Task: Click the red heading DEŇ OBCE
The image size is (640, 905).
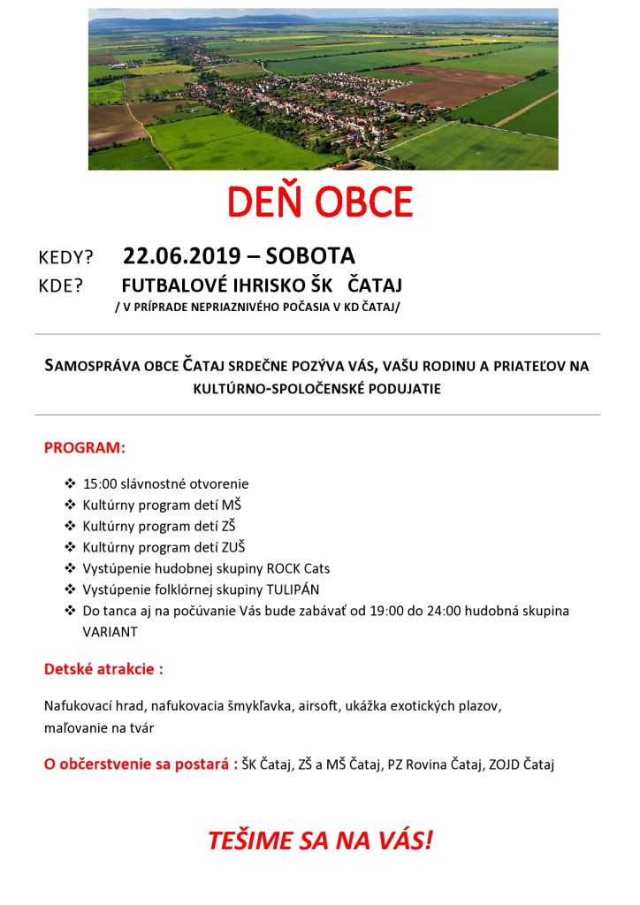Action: click(320, 202)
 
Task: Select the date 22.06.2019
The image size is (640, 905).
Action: click(181, 256)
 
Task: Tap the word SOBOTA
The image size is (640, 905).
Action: click(310, 256)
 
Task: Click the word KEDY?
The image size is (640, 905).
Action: click(66, 258)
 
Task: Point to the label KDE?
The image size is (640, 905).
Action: click(61, 286)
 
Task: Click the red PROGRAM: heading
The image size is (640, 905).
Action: click(85, 448)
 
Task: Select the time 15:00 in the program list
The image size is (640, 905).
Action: click(99, 484)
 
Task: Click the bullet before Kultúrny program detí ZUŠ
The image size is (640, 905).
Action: click(71, 548)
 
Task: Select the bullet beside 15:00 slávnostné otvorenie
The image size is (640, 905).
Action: click(71, 484)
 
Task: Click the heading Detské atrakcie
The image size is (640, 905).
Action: click(103, 669)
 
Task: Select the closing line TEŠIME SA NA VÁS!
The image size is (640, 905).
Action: click(320, 840)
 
